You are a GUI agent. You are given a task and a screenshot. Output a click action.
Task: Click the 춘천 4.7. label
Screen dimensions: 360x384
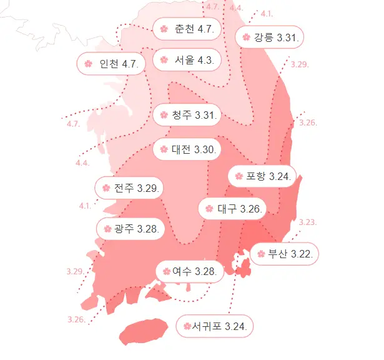pyautogui.click(x=187, y=29)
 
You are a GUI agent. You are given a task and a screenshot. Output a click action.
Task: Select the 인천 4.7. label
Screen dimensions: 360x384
pyautogui.click(x=111, y=64)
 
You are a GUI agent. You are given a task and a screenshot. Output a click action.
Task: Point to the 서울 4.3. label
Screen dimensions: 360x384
pyautogui.click(x=187, y=60)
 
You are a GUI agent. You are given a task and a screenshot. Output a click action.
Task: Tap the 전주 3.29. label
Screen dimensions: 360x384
pyautogui.click(x=129, y=188)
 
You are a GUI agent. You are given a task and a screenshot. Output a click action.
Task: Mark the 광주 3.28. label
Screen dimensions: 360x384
pyautogui.click(x=130, y=229)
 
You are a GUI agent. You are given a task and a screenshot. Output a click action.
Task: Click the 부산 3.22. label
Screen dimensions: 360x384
pyautogui.click(x=285, y=254)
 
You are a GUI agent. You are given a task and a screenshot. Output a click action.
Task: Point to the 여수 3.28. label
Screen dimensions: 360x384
pyautogui.click(x=189, y=271)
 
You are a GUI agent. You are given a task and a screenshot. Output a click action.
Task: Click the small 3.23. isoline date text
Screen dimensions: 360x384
pyautogui.click(x=308, y=222)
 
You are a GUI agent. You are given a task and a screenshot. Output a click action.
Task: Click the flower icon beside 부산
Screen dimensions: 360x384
pyautogui.click(x=261, y=254)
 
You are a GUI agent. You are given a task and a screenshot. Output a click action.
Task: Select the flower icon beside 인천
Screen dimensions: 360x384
pyautogui.click(x=88, y=64)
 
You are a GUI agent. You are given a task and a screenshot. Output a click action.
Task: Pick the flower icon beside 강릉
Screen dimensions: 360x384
pyautogui.click(x=246, y=37)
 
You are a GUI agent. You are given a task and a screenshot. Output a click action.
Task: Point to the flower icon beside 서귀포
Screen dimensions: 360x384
pyautogui.click(x=187, y=326)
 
